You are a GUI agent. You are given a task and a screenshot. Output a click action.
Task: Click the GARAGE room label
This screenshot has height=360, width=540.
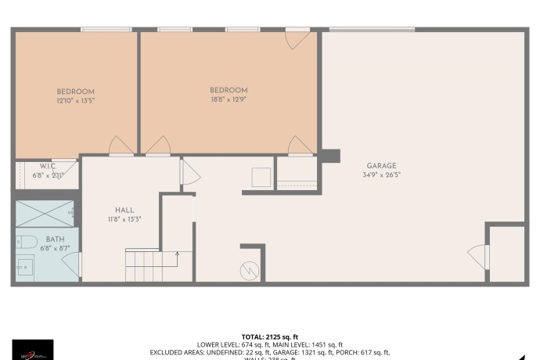tap(381, 166)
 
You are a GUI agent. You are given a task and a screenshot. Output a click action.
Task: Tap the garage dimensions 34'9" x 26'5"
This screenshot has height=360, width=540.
tap(381, 175)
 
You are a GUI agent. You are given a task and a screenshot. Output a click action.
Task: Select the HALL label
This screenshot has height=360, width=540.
tap(124, 210)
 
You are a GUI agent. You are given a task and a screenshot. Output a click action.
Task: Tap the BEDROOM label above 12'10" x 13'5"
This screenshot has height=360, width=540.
tap(75, 92)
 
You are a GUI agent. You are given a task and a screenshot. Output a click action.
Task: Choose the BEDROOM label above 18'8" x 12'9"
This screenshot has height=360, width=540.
tap(229, 90)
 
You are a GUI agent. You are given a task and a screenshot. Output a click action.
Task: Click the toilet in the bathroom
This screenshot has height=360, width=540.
tap(26, 240)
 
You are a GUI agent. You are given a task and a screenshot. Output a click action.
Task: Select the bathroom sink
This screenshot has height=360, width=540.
tap(25, 268)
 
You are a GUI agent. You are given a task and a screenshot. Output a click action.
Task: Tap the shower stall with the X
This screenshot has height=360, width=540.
tap(45, 214)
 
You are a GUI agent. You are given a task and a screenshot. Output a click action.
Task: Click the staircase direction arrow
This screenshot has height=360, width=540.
tap(178, 254)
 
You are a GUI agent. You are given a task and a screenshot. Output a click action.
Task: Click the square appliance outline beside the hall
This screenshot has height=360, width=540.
tap(261, 177)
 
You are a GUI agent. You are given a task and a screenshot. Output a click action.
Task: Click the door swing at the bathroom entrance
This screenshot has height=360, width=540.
tap(71, 265)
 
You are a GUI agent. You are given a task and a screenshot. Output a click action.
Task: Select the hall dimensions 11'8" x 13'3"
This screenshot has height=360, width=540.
tap(124, 219)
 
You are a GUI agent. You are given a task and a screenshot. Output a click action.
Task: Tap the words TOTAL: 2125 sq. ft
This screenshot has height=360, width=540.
tap(270, 337)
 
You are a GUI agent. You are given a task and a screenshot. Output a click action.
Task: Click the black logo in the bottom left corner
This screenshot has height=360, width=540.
tap(33, 349)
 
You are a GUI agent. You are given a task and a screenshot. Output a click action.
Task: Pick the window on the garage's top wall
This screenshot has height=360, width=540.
tap(371, 30)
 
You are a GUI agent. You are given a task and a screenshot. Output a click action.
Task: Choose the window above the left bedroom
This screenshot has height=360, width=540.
tap(106, 30)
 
